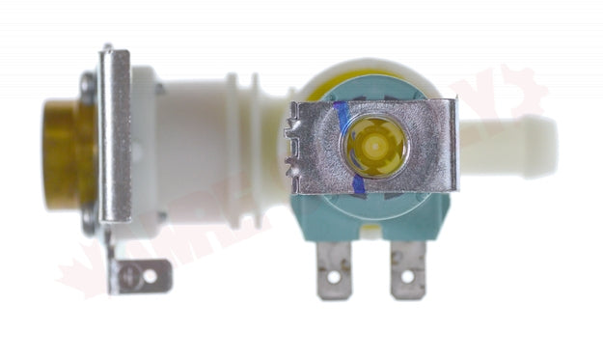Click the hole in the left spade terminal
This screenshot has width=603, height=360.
click(x=334, y=277)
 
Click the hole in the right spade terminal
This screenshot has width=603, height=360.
click(x=406, y=278)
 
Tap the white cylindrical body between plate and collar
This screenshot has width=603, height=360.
click(x=188, y=145)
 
